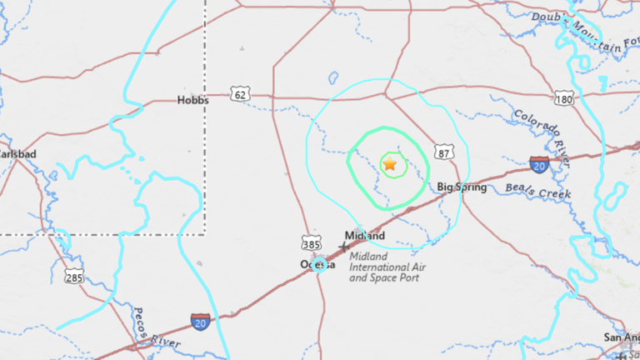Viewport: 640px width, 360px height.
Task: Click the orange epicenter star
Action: tap(389, 164)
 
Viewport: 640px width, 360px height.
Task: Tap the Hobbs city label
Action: tap(192, 99)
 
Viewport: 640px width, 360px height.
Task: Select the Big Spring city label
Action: tap(462, 187)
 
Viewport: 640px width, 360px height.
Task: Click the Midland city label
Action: tap(365, 236)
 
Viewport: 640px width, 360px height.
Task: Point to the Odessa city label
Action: tap(317, 264)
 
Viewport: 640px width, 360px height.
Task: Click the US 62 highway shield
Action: tap(241, 96)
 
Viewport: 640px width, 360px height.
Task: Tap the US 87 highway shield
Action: tap(444, 152)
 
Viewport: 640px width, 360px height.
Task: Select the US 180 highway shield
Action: tap(565, 99)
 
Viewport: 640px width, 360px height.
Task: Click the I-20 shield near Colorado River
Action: tap(539, 164)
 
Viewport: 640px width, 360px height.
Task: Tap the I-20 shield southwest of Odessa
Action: tap(200, 322)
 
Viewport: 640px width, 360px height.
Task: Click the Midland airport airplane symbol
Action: tap(344, 247)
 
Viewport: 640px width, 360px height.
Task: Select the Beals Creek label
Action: tap(538, 190)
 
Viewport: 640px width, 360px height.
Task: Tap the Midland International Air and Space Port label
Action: tap(380, 267)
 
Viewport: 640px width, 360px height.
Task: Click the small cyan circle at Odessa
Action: tap(320, 265)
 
